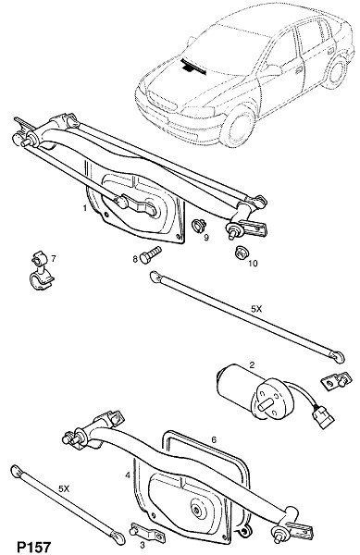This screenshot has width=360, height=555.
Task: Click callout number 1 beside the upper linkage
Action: tap(85, 208)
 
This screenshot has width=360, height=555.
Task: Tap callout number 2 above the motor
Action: tap(252, 364)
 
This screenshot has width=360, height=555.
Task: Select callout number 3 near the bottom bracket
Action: tap(143, 545)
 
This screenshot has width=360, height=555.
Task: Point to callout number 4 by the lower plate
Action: tap(128, 475)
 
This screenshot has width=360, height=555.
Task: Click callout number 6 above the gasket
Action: tap(214, 440)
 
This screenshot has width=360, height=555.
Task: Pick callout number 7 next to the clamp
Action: tap(54, 259)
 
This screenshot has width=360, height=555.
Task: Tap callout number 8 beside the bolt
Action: tap(135, 259)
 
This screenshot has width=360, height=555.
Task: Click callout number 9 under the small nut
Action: tap(206, 237)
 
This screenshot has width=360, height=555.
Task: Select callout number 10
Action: tap(253, 263)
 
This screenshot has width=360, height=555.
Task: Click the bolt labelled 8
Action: tap(151, 254)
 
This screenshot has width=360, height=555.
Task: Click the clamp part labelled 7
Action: tap(41, 271)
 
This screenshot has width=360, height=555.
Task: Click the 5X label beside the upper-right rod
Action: tap(256, 309)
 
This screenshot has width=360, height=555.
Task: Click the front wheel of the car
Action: tap(240, 127)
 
